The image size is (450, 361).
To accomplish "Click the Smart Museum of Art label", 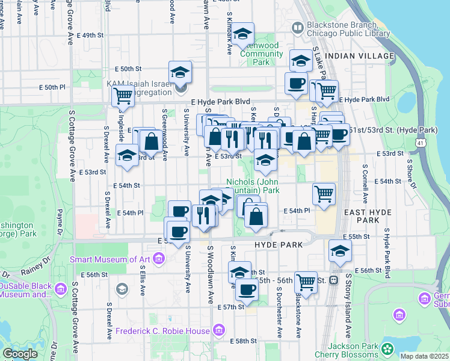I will pyautogui.click(x=109, y=259).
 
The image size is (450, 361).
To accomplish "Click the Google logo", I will pyautogui.click(x=20, y=354).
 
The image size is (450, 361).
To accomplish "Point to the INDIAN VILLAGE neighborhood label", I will pyautogui.click(x=359, y=56).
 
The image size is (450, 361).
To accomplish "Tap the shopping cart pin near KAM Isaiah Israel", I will pyautogui.click(x=123, y=95).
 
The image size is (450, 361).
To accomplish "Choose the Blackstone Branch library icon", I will pyautogui.click(x=298, y=28).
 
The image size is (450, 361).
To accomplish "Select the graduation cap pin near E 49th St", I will pyautogui.click(x=243, y=34).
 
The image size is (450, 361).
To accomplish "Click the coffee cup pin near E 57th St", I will pyautogui.click(x=247, y=290).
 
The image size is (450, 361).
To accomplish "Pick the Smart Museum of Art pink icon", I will pyautogui.click(x=159, y=259).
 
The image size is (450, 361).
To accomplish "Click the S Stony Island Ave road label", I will pyautogui.click(x=348, y=307).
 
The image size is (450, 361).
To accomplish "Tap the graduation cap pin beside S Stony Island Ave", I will pyautogui.click(x=340, y=251).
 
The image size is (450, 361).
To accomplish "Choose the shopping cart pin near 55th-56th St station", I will pyautogui.click(x=306, y=281).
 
